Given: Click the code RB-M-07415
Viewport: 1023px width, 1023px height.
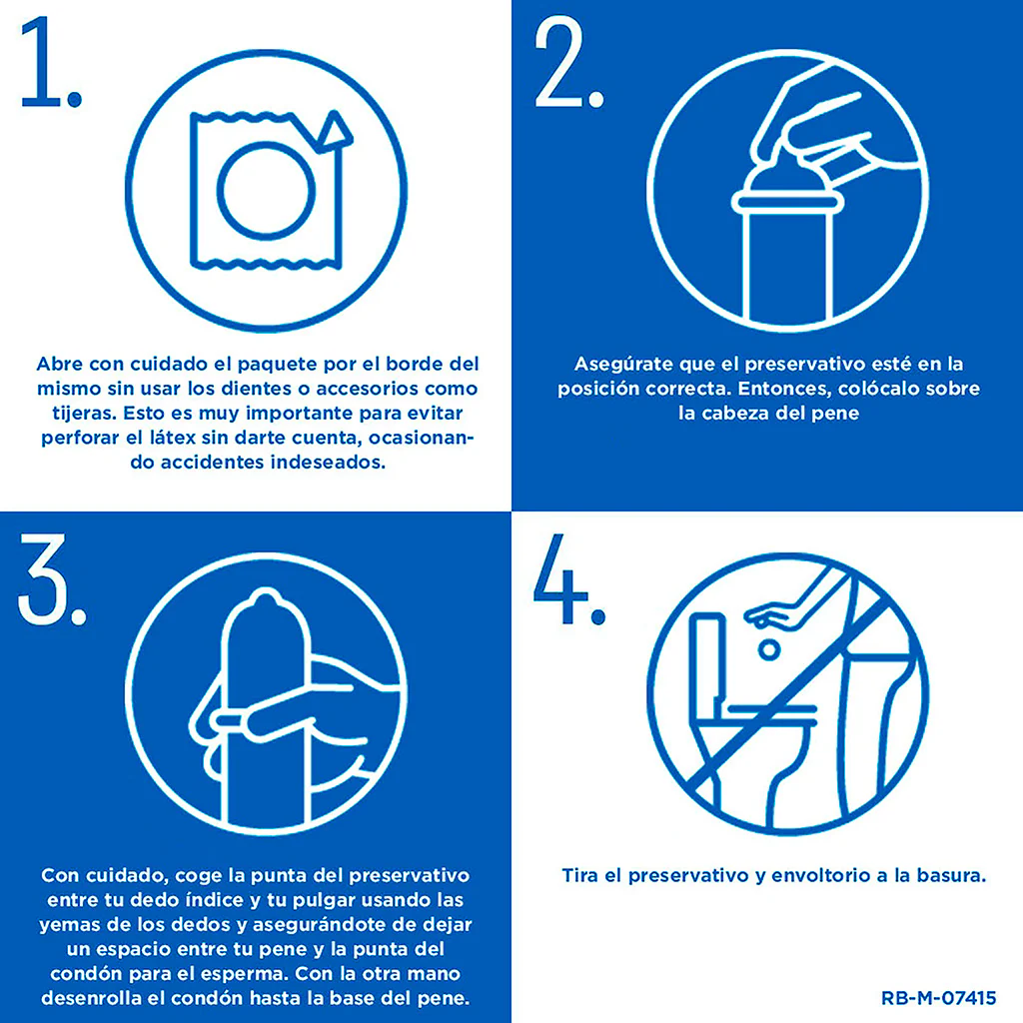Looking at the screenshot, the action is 938,998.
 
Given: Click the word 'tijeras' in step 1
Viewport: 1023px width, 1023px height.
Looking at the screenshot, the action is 85,414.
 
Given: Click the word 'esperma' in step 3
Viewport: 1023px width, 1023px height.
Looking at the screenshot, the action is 245,974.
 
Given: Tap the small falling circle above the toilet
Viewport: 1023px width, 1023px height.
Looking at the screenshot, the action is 769,649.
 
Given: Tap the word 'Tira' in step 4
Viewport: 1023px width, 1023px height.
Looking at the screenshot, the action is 580,875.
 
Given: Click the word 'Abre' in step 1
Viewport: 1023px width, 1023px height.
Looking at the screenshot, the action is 59,364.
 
